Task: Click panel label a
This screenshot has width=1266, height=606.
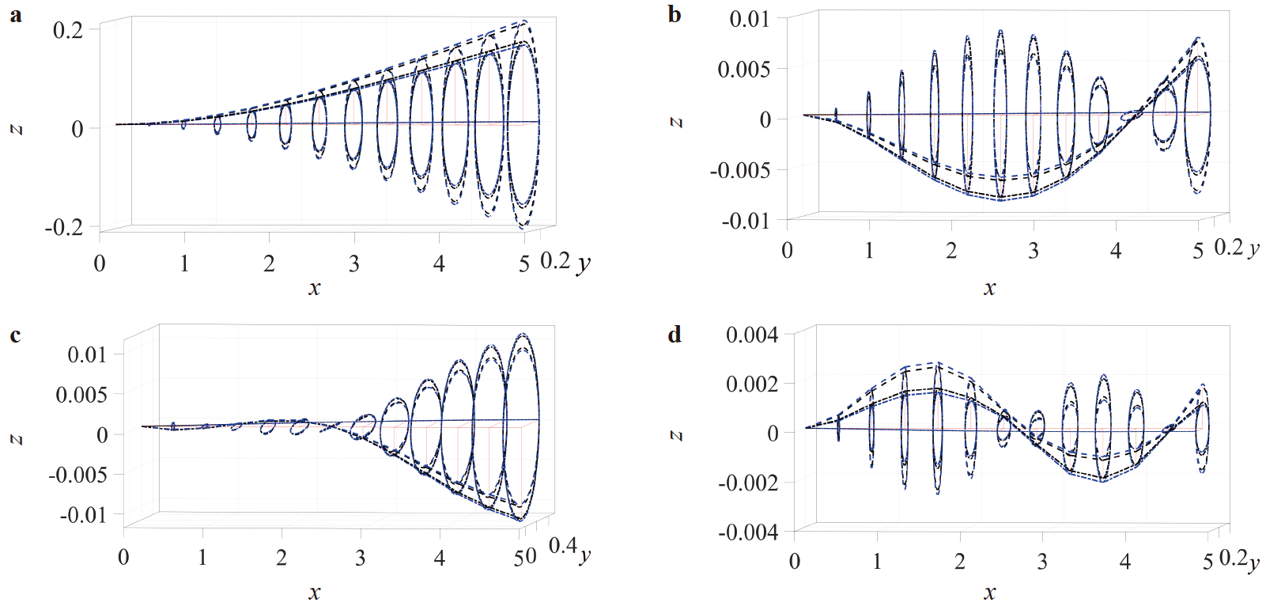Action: (x=15, y=15)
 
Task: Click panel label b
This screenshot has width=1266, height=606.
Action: (x=674, y=15)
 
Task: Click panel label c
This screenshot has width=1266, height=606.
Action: (x=15, y=335)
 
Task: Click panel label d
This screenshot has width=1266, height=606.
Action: (x=674, y=335)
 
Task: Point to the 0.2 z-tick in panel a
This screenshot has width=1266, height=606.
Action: (x=67, y=30)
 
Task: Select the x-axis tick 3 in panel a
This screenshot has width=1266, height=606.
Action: (x=353, y=263)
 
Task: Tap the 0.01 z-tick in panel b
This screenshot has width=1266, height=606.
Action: (x=749, y=19)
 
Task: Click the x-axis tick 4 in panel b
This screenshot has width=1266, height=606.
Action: (x=1116, y=251)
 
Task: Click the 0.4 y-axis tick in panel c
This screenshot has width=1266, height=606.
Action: (x=562, y=545)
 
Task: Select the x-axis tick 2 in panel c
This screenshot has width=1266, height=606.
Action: (x=282, y=558)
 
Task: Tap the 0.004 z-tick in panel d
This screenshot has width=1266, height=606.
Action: (x=752, y=335)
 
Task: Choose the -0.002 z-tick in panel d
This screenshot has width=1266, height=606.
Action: (x=747, y=483)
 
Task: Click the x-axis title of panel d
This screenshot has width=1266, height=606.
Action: (x=989, y=593)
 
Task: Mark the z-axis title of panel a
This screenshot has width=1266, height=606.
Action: (x=15, y=129)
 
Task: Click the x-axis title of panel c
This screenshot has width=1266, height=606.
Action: (x=314, y=593)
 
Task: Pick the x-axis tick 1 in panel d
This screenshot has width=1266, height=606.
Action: (x=877, y=562)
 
